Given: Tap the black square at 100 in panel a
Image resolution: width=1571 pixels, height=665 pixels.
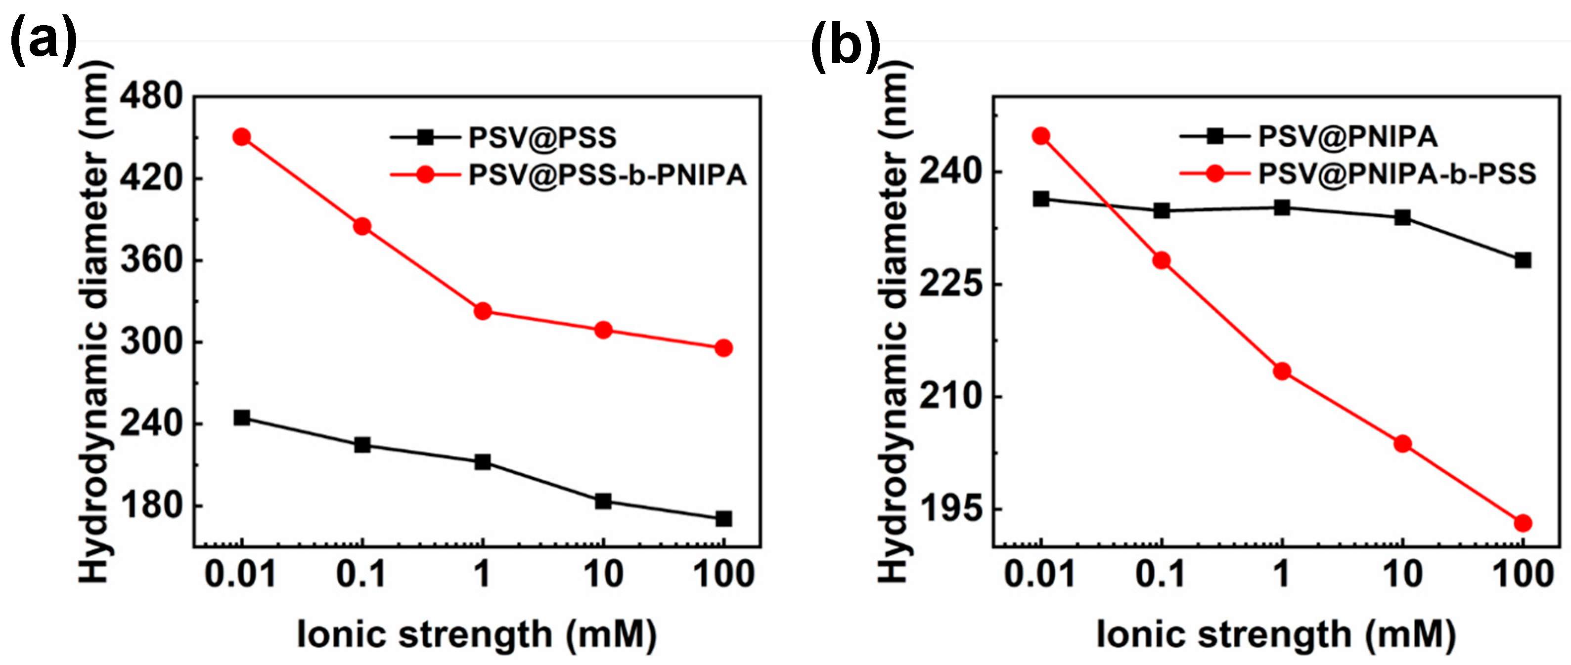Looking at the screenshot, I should coord(723,519).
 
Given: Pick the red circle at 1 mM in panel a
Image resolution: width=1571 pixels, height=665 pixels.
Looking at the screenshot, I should coord(483,311).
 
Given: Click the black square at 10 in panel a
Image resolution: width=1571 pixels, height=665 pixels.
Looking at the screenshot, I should coord(603,501).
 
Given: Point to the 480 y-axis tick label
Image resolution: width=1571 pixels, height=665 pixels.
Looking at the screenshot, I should coord(151,96).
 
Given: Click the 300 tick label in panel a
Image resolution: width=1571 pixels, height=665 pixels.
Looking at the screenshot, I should coord(151,341).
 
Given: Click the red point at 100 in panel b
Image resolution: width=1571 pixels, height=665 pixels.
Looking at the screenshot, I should coord(1523,523).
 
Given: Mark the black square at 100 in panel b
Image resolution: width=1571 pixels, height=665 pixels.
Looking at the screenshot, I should coord(1523,260).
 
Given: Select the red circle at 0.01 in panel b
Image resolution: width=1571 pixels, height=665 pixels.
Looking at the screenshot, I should coord(1041,136).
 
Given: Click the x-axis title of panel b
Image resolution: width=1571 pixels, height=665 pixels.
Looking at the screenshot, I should coord(1276,634).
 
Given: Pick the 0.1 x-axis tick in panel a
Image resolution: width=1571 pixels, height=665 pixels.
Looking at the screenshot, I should coord(361,574).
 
